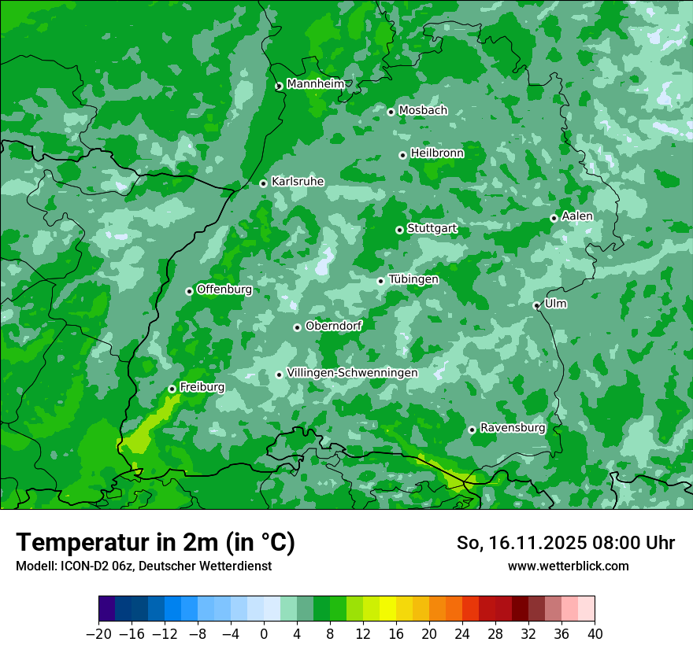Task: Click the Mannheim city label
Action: click(315, 84)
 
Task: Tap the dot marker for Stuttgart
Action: click(399, 230)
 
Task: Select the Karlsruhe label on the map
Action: click(297, 182)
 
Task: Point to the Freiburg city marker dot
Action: click(172, 389)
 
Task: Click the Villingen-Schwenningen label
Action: click(352, 373)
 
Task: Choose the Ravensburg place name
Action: click(512, 428)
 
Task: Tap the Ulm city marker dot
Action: click(536, 305)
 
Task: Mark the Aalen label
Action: click(577, 216)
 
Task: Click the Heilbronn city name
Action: click(437, 153)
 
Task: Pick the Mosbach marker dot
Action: click(391, 112)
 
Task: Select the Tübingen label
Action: click(413, 279)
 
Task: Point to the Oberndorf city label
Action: click(333, 326)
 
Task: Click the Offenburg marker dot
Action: click(189, 291)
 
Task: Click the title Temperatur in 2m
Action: click(155, 542)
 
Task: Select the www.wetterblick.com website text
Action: click(568, 566)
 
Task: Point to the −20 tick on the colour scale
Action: click(98, 634)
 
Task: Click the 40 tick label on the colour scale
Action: click(595, 634)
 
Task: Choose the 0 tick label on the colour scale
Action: click(264, 634)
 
